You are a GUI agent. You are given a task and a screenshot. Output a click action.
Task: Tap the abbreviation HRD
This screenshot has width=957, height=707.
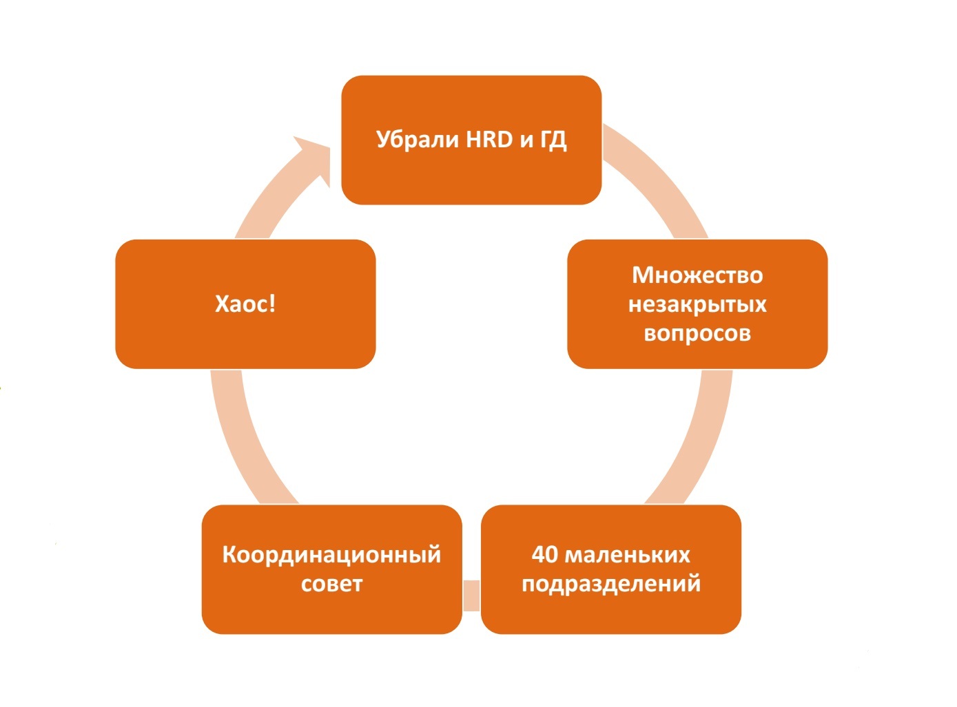[490, 140]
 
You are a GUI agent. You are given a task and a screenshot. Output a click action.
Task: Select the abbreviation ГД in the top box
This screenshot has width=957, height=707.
[553, 140]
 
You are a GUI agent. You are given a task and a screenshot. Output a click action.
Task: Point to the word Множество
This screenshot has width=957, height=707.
[697, 275]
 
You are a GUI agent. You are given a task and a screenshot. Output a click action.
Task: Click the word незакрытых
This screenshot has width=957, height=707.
[697, 304]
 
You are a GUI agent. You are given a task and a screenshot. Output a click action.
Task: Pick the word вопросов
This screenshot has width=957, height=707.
[697, 333]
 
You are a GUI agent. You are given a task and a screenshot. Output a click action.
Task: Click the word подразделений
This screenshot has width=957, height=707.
[611, 584]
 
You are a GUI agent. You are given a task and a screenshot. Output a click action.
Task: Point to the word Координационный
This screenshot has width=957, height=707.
[331, 555]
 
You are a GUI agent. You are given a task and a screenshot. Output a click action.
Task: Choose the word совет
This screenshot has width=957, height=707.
[331, 584]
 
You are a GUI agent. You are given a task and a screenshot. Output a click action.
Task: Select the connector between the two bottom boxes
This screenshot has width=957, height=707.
[471, 595]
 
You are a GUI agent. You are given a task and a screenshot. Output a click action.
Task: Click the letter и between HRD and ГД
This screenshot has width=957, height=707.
[526, 140]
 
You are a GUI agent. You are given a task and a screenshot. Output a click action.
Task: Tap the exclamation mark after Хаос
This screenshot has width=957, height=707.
[273, 304]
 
